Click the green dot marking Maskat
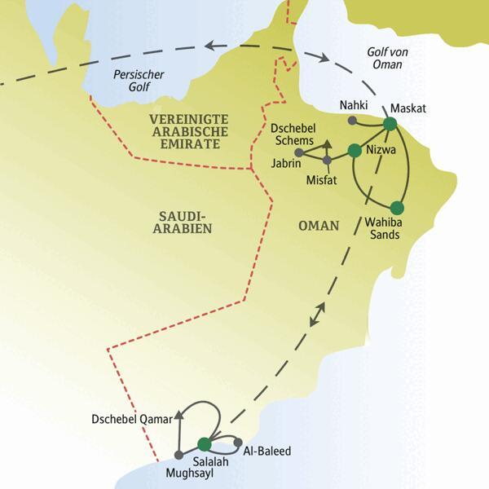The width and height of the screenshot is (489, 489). (390, 124)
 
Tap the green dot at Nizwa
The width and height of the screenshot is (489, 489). (354, 150)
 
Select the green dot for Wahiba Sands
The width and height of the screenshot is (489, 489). (397, 207)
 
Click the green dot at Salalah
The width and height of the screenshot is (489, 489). (204, 444)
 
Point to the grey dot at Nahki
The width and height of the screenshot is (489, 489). (351, 121)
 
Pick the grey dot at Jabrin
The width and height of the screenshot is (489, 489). (299, 152)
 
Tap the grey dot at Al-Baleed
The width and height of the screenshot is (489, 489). (238, 443)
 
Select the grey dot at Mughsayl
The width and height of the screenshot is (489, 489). (178, 454)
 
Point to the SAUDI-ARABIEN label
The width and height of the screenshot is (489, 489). (182, 222)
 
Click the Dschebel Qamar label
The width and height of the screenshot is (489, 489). (131, 420)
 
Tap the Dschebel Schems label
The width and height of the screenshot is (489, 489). (291, 134)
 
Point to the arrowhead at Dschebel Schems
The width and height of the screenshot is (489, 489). (327, 144)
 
